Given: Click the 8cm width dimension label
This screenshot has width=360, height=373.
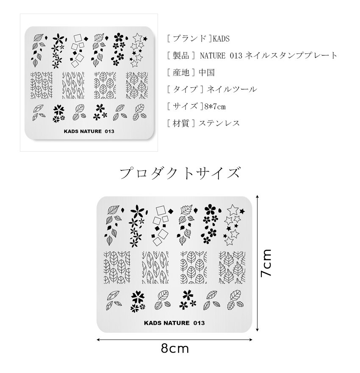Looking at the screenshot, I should click(174, 349).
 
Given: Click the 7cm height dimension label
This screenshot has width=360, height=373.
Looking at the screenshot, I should click(266, 263).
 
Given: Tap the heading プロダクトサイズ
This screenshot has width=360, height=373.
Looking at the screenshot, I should click(180, 173).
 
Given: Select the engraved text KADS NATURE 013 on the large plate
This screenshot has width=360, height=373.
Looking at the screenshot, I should click(174, 323).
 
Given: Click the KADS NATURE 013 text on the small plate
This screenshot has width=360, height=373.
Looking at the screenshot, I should click(89, 131).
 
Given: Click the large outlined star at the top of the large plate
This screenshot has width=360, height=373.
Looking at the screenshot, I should click(232, 209).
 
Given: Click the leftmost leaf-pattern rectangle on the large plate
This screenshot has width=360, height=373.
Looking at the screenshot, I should click(116, 267).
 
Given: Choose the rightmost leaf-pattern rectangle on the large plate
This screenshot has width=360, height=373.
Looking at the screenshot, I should click(232, 267).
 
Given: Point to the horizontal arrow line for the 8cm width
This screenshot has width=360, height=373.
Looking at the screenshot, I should click(174, 339).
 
